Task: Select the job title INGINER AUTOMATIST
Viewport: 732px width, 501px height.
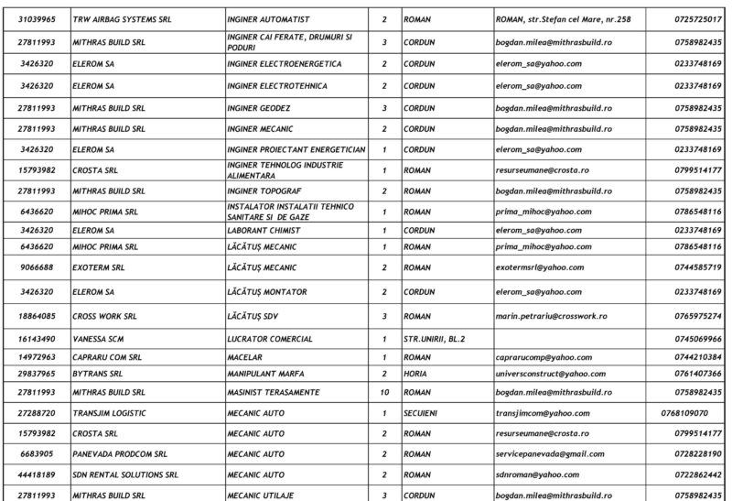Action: (x=272, y=18)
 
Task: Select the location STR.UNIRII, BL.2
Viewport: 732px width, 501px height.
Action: (x=434, y=339)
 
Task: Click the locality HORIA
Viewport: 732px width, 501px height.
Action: (x=416, y=374)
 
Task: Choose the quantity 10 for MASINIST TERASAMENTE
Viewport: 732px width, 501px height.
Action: (x=384, y=391)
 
